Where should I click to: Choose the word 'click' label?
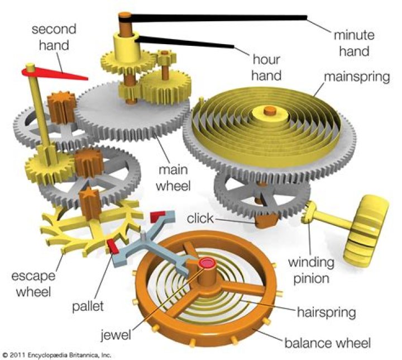[x=200, y=217]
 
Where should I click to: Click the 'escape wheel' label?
[x=34, y=283]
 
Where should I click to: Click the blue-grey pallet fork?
[x=140, y=240]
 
